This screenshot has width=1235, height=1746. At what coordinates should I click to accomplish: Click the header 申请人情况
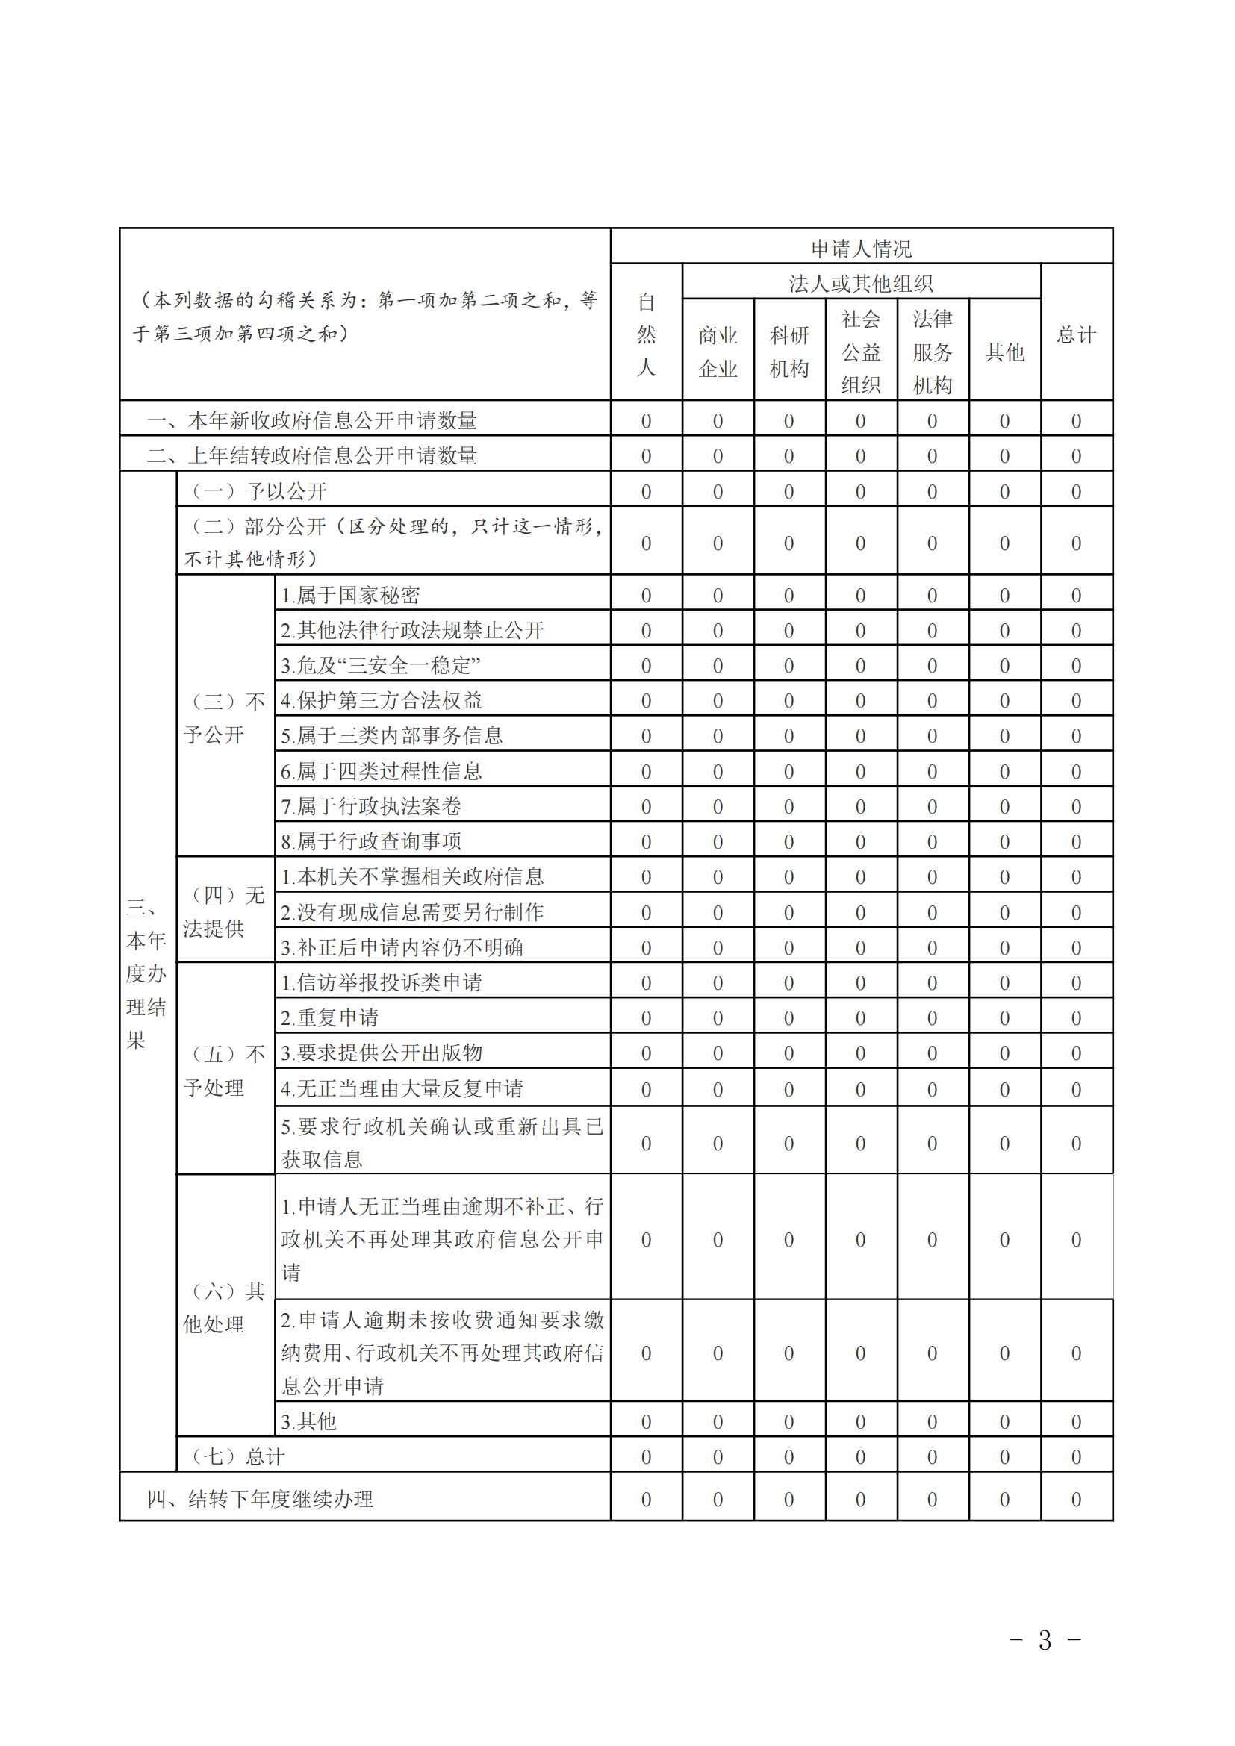pyautogui.click(x=861, y=248)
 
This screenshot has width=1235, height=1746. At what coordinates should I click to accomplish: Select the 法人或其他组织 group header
pyautogui.click(x=861, y=284)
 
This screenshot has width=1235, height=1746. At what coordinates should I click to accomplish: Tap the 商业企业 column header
pyautogui.click(x=718, y=352)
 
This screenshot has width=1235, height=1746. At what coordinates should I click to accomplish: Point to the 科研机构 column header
pyautogui.click(x=788, y=352)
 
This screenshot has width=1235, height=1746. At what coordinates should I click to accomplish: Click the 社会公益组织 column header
pyautogui.click(x=861, y=352)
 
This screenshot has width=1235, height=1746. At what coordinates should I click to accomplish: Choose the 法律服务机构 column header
pyautogui.click(x=933, y=352)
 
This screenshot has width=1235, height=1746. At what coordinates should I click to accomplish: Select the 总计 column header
pyautogui.click(x=1076, y=334)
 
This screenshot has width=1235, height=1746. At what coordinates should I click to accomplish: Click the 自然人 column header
pyautogui.click(x=646, y=334)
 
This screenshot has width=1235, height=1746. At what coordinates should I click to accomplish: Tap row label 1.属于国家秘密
pyautogui.click(x=349, y=595)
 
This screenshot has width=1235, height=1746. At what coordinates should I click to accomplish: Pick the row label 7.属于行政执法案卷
pyautogui.click(x=371, y=806)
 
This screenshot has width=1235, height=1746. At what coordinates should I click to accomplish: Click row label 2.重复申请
pyautogui.click(x=329, y=1017)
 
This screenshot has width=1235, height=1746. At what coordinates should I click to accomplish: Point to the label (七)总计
pyautogui.click(x=238, y=1456)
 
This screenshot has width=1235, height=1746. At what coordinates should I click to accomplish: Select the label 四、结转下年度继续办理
pyautogui.click(x=259, y=1499)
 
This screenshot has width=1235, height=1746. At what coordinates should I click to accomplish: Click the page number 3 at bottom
pyautogui.click(x=1045, y=1641)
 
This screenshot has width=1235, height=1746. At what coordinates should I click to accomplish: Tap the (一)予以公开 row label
pyautogui.click(x=258, y=491)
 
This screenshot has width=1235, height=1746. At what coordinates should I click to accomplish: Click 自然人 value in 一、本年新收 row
pyautogui.click(x=646, y=420)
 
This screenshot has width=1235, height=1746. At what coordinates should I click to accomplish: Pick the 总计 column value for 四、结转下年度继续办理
pyautogui.click(x=1076, y=1500)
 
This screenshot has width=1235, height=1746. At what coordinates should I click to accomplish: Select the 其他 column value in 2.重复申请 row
pyautogui.click(x=1004, y=1018)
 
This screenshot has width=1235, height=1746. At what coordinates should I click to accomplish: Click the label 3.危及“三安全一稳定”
pyautogui.click(x=380, y=665)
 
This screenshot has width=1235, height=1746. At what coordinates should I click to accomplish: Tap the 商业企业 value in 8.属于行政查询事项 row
pyautogui.click(x=718, y=842)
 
